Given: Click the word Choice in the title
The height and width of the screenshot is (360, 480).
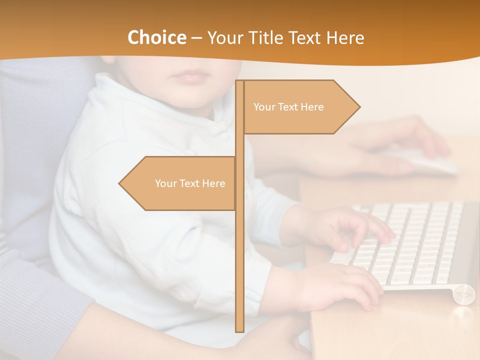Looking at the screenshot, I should [156, 38].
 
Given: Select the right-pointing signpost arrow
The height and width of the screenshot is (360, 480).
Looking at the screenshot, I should [300, 107].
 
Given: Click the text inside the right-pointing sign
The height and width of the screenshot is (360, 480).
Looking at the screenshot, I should [288, 107].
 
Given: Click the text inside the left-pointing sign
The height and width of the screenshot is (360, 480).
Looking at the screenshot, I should [190, 183].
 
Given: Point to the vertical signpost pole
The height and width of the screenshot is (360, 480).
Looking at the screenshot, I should [239, 250].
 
